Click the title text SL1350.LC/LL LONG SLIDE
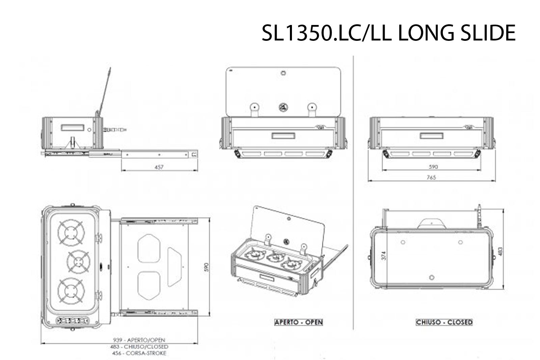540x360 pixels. (388, 33)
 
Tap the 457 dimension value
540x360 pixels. (159, 167)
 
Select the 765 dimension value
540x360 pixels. (431, 177)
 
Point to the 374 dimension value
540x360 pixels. (383, 256)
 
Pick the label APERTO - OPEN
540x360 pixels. (299, 322)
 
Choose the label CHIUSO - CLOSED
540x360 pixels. (444, 322)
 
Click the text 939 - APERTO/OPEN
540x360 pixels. (139, 340)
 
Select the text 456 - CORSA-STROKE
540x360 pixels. (139, 353)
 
